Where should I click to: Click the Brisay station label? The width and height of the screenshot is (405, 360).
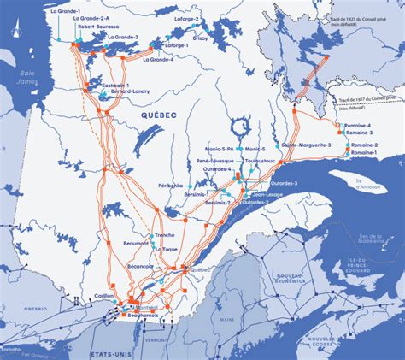click(200, 38)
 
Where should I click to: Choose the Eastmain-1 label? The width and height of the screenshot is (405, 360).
click(115, 85)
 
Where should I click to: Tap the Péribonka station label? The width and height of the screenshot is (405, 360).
click(170, 185)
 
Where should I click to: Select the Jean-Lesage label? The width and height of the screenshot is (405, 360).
click(268, 194)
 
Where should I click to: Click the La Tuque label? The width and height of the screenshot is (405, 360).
click(166, 249)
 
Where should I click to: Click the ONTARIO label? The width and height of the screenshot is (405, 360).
click(35, 308)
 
